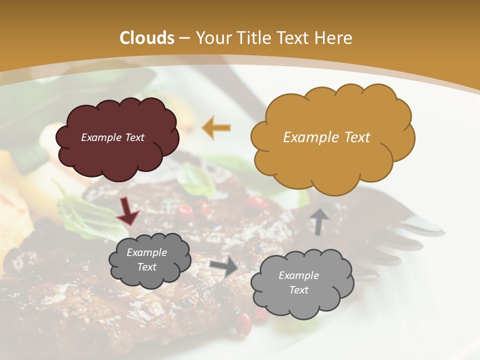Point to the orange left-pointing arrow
pos(216,127)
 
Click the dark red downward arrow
pos(127,211)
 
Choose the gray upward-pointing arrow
pos(318,221)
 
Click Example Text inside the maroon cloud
pos(112,137)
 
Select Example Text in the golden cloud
pos(326,137)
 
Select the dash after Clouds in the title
pos(184,38)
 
